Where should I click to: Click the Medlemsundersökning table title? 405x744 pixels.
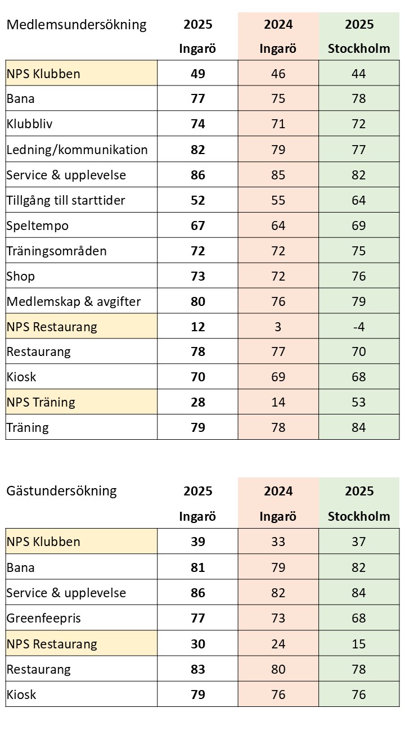pyautogui.click(x=76, y=25)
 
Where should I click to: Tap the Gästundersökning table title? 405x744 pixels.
pyautogui.click(x=61, y=491)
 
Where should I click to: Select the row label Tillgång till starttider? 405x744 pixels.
pyautogui.click(x=66, y=200)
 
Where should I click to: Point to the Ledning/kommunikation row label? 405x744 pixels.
pyautogui.click(x=77, y=150)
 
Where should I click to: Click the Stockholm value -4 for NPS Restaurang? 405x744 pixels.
pyautogui.click(x=359, y=327)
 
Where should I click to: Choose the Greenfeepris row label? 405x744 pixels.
pyautogui.click(x=44, y=619)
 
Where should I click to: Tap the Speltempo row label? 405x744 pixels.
pyautogui.click(x=38, y=226)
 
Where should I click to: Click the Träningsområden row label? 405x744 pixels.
pyautogui.click(x=56, y=251)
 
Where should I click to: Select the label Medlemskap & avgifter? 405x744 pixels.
pyautogui.click(x=74, y=301)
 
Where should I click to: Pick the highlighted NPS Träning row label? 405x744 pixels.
pyautogui.click(x=41, y=402)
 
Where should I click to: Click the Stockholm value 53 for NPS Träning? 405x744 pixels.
pyautogui.click(x=359, y=402)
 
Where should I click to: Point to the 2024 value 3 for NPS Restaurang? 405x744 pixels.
pyautogui.click(x=278, y=327)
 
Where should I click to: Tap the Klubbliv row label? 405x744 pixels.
pyautogui.click(x=30, y=124)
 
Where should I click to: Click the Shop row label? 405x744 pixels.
pyautogui.click(x=21, y=276)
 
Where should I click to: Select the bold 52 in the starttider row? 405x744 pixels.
pyautogui.click(x=197, y=200)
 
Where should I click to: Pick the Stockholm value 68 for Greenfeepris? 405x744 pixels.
pyautogui.click(x=359, y=619)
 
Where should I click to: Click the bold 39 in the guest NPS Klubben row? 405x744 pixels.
pyautogui.click(x=197, y=542)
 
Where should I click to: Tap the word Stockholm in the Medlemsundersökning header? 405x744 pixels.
pyautogui.click(x=359, y=48)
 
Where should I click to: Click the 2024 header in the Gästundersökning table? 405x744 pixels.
pyautogui.click(x=278, y=491)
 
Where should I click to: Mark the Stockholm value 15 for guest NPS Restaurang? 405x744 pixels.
pyautogui.click(x=359, y=644)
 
